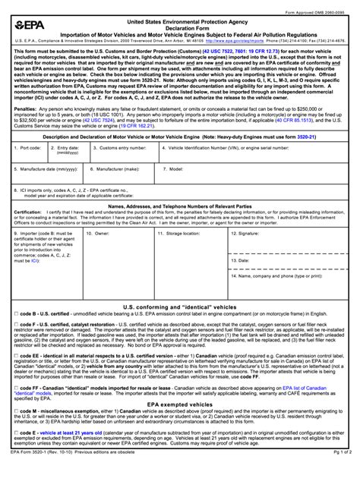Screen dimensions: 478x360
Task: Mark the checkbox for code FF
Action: tap(17, 407)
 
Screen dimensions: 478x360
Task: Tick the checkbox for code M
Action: tap(17, 432)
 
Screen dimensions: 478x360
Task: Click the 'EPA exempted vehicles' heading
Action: tap(180, 426)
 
